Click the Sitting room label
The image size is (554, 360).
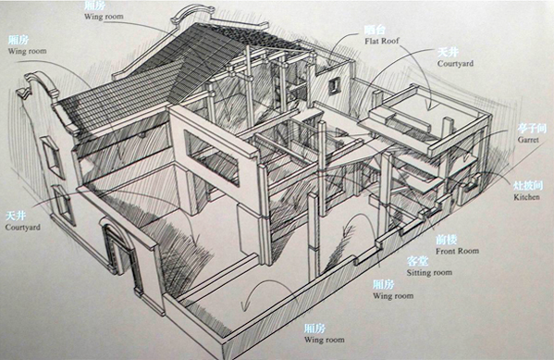coord(430,273)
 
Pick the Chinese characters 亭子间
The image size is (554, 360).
coord(524,126)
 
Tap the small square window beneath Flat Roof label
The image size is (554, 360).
coord(333,85)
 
